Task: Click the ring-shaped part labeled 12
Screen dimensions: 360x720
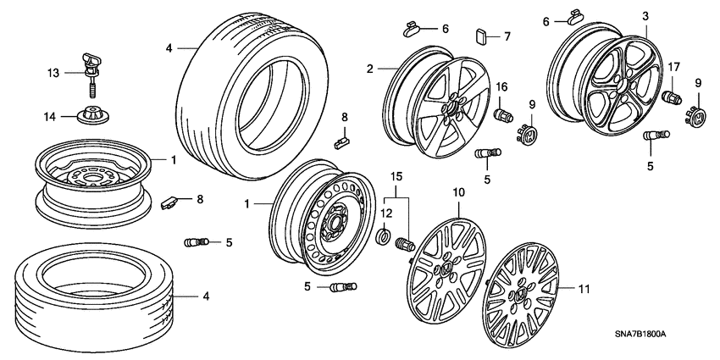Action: coord(382,235)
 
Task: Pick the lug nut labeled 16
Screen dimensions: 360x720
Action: coord(500,114)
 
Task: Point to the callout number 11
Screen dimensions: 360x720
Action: coord(584,289)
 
